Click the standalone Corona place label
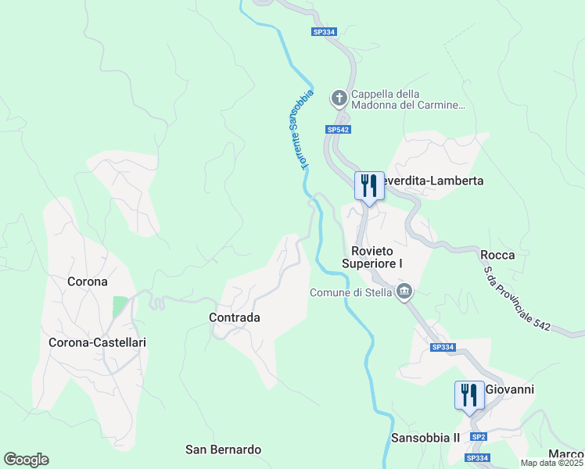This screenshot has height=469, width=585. coord(88,281)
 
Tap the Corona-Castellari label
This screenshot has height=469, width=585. coord(98,342)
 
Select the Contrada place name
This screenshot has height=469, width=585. coord(235,318)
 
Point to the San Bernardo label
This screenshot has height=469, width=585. coord(223,449)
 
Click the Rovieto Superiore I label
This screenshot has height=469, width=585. coord(377,257)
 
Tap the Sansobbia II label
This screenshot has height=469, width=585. coord(425,438)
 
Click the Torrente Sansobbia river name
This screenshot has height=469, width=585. coord(296,129)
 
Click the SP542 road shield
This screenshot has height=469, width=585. coord(338,130)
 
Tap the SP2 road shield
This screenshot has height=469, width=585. coord(479,436)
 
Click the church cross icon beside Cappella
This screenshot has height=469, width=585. coord(339,98)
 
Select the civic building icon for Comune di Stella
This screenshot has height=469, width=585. coord(404,293)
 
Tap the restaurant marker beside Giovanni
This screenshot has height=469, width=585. coord(469,395)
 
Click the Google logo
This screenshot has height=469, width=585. coord(26,460)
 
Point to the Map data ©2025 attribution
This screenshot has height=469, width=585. coord(552,463)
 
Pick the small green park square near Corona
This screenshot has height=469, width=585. coord(119,306)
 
